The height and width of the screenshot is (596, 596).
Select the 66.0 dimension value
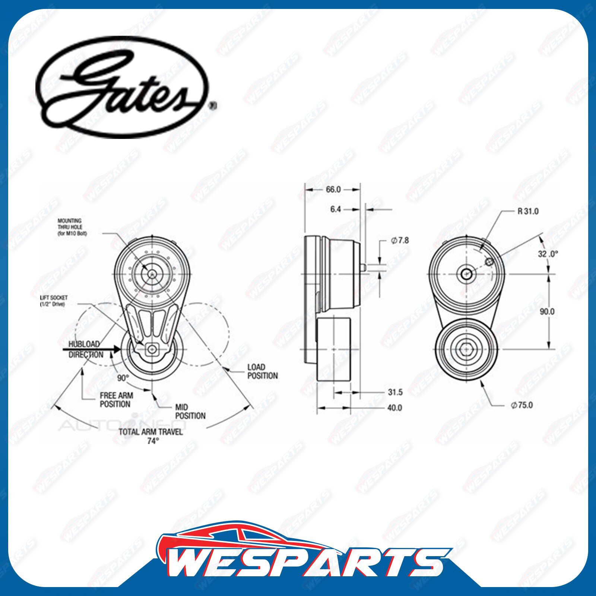tap(333, 190)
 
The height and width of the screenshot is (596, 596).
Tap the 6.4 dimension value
tap(335, 210)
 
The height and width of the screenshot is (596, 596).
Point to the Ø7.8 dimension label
tap(400, 241)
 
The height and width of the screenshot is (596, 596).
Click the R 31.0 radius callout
tap(528, 212)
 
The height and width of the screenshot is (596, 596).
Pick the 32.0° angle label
tap(548, 254)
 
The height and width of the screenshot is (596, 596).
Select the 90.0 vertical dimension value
tap(547, 311)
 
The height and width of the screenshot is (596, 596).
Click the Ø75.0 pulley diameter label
tap(522, 405)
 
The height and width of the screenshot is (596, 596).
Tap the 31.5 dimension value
tap(395, 392)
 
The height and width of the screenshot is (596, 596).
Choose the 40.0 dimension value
tap(394, 408)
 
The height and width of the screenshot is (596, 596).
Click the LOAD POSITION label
tap(263, 371)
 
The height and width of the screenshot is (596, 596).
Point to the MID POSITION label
tap(190, 412)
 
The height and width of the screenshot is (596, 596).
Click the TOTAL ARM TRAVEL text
tap(150, 432)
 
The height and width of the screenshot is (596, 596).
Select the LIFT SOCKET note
tap(54, 301)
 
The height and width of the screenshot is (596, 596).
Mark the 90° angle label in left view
tap(123, 378)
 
